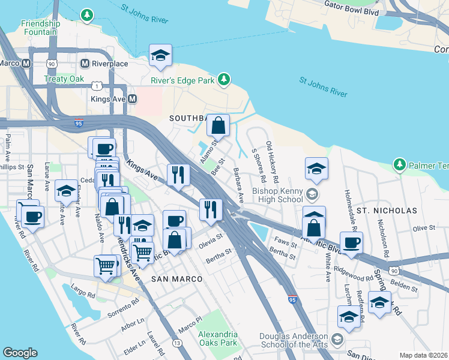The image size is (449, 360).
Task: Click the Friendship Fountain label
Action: point(41,27)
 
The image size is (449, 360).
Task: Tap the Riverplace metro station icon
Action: point(85,63)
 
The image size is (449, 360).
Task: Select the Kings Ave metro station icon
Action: point(133,98)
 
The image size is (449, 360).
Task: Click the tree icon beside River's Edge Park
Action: point(224,79)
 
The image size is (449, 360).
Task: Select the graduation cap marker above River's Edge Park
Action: point(160,56)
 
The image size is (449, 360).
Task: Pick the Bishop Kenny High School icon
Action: point(312,194)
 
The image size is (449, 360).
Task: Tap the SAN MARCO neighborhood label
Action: point(176,280)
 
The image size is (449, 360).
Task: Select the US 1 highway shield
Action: point(96,86)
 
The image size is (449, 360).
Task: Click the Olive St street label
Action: point(423,228)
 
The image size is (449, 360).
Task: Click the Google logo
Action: point(20,353)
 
